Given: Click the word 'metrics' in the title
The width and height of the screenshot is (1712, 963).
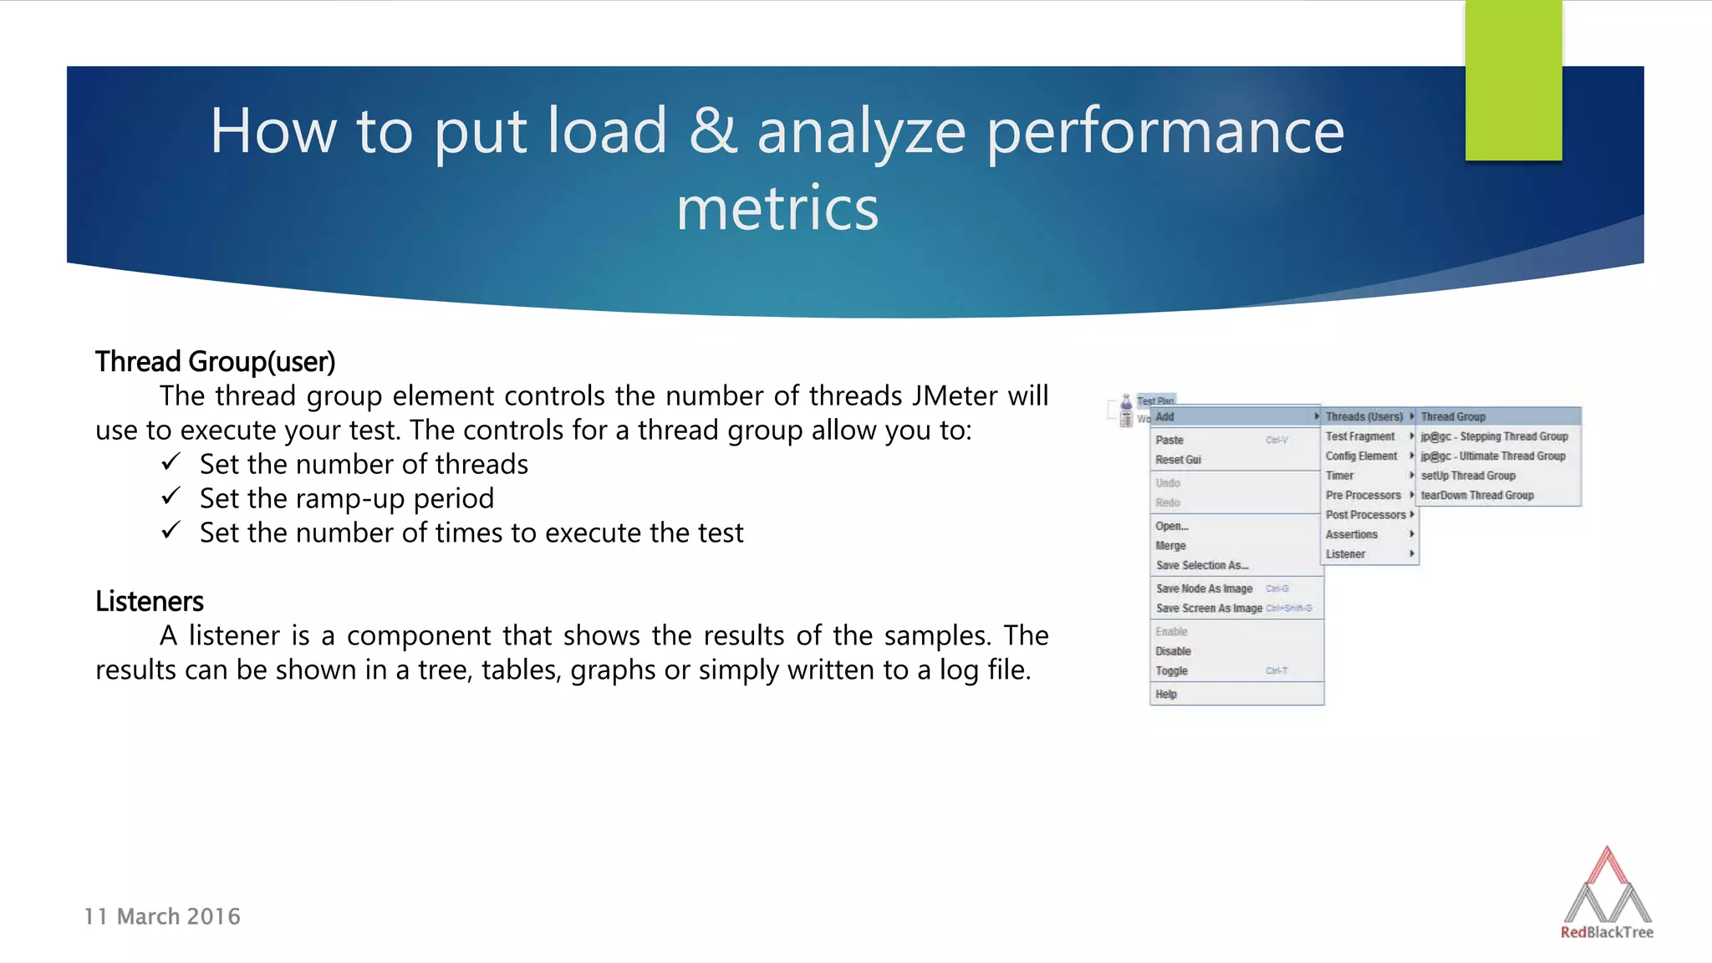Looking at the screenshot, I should pos(777,209).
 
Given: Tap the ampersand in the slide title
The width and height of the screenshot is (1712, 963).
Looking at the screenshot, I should pos(712,131).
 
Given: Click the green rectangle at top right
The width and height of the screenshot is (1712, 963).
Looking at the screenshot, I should pos(1513,80).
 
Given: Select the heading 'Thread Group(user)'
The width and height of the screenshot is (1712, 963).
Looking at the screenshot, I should pos(215,362).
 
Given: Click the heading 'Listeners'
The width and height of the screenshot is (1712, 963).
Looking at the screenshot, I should pos(149,602).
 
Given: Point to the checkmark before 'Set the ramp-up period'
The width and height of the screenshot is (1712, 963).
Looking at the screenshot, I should pos(171,497).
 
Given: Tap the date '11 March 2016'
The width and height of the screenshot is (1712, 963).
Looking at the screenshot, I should pos(162,917).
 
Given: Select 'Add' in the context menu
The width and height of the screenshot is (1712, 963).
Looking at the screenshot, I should pos(1165,417).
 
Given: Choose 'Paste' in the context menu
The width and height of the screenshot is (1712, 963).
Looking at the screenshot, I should pos(1169,441).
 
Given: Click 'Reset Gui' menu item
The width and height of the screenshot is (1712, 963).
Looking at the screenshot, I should pos(1178,460).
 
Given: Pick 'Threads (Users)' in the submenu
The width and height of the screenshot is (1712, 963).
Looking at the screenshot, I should pos(1363,417).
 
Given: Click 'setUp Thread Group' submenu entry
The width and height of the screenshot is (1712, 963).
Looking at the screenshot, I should pos(1468,476).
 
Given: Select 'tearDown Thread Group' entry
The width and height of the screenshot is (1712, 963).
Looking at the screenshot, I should pos(1477,496).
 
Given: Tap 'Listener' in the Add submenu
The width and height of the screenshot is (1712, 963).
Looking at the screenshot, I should pos(1345,554).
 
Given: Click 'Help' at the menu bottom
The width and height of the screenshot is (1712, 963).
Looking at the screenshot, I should pos(1166,695).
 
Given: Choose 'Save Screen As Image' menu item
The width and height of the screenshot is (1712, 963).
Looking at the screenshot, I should pos(1209,609).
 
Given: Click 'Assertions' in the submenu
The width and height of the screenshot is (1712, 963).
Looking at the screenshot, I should pos(1351,535).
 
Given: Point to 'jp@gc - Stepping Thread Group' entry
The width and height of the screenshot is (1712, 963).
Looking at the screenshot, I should pos(1494,436).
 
